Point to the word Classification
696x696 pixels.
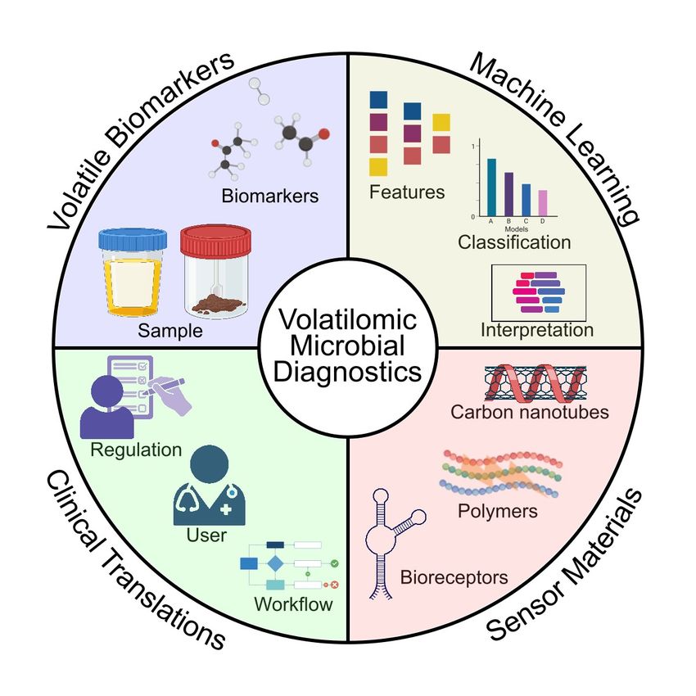[514, 242]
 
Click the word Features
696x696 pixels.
[407, 193]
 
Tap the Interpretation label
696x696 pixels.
[537, 331]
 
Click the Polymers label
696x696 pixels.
[498, 512]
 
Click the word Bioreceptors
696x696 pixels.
[454, 578]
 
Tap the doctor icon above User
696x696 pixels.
[208, 487]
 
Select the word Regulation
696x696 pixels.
[136, 450]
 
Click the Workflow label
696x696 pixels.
[293, 606]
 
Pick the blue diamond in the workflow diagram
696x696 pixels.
[275, 564]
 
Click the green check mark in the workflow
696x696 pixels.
[334, 564]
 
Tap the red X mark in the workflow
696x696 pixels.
[334, 585]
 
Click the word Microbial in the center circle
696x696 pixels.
[348, 346]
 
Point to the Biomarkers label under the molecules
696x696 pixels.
[269, 197]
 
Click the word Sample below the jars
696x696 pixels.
[169, 332]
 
